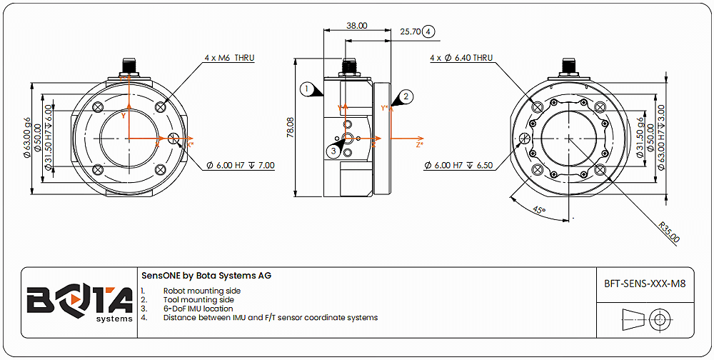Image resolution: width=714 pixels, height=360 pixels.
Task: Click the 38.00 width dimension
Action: coord(357,25)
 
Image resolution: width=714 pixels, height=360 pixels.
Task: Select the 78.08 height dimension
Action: coord(291,129)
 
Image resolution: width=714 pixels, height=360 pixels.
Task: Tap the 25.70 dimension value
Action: coord(410,31)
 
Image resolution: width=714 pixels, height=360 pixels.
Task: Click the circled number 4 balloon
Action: coord(428,31)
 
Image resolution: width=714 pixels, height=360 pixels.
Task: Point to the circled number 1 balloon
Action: coord(306,89)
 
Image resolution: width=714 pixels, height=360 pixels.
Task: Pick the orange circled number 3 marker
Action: coord(333,150)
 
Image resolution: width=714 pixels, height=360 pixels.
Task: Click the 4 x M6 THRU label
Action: coord(230,58)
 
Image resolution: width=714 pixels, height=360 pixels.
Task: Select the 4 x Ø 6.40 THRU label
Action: coord(461,58)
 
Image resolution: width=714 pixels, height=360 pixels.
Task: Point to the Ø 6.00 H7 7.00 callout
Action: coord(241,166)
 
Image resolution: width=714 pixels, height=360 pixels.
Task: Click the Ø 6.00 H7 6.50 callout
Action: coord(458,166)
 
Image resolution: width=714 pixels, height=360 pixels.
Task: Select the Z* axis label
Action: coord(420,144)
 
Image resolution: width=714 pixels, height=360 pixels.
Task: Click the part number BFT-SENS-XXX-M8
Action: coord(645,284)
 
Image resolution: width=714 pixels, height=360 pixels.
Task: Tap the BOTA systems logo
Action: coord(79,302)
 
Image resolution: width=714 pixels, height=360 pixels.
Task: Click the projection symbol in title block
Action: coord(645,319)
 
